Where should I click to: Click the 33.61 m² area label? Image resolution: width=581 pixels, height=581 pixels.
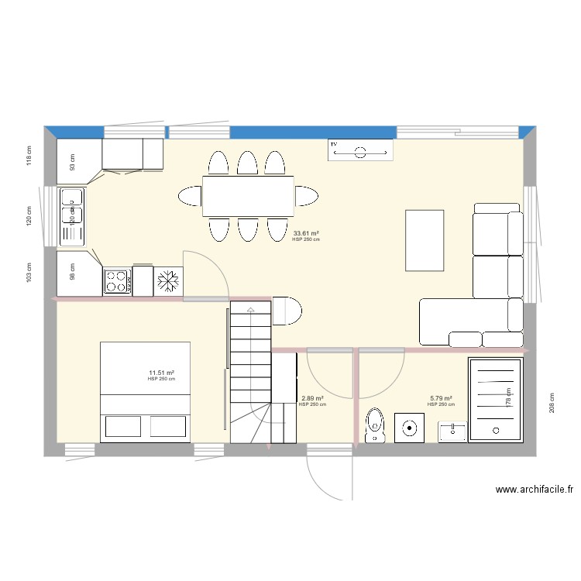306,233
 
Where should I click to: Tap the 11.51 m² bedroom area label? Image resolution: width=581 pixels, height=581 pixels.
161,373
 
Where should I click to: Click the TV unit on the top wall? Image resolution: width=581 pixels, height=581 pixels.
360,151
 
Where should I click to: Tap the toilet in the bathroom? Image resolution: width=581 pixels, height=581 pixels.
375,425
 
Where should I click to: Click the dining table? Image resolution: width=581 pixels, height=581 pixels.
248,196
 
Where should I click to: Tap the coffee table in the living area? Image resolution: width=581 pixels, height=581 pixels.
425,240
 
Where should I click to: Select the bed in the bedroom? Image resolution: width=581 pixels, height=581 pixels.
146,392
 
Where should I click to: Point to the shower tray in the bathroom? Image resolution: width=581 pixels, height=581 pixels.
496,400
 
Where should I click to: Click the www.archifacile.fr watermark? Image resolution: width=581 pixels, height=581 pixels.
535,490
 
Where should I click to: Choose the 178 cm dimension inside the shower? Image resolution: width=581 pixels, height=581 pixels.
509,397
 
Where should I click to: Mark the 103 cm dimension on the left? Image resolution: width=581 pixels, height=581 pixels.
29,270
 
